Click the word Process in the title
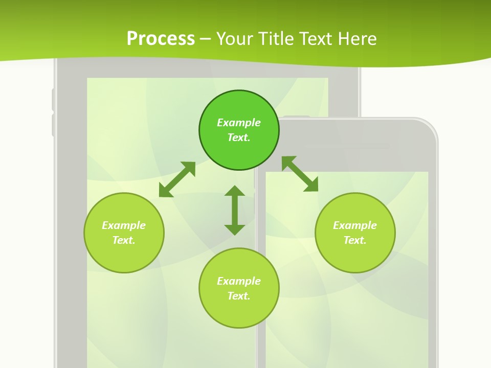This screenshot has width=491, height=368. pos(161,38)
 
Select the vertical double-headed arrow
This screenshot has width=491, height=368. pos(235,210)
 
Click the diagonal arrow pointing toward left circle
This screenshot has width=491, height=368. pos(177,179)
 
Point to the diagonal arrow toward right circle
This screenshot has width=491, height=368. pos(300,174)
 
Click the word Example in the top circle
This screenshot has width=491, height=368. pos(239,123)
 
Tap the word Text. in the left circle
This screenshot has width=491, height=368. pos(124,240)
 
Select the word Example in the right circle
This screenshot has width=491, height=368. pos(355,225)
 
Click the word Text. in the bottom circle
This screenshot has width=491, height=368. pos(239,296)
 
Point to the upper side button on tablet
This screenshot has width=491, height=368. pos(53,100)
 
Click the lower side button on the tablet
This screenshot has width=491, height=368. pos(53,125)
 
